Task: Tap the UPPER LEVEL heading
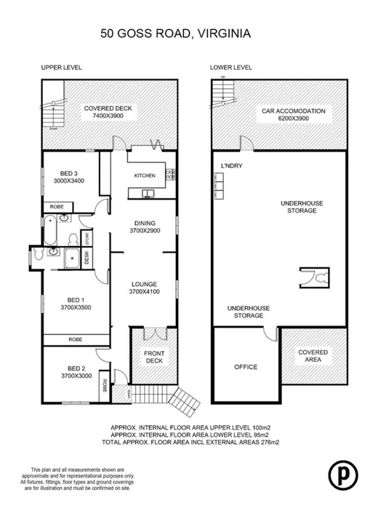click(61, 68)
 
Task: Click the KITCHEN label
click(145, 176)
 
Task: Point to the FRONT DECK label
click(154, 358)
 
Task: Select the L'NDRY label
click(230, 166)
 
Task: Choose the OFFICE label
click(246, 366)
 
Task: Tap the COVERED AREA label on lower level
click(313, 356)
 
